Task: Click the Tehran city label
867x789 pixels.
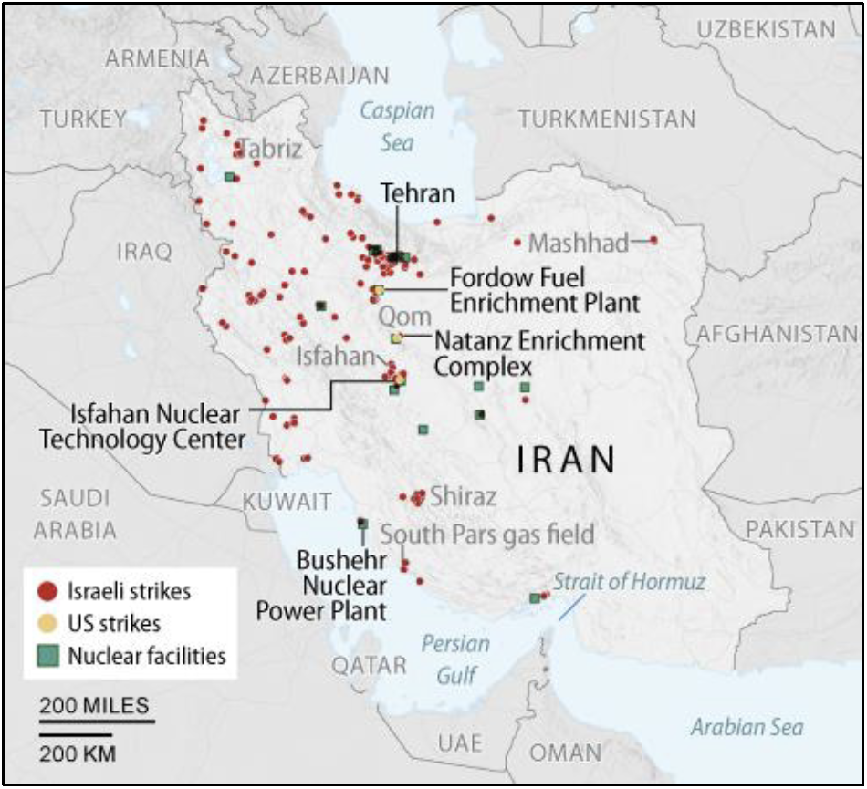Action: (x=417, y=192)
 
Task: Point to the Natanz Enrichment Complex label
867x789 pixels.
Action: (x=538, y=354)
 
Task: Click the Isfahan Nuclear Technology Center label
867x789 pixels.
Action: (x=141, y=427)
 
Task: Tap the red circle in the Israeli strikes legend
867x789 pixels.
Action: (x=51, y=591)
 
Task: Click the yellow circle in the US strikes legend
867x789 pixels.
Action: (x=51, y=624)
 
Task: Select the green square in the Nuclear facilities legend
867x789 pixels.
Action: (x=51, y=656)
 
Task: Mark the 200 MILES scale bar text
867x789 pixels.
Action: (x=94, y=706)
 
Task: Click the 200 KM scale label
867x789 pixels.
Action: (x=77, y=753)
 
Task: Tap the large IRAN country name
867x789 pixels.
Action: (x=566, y=460)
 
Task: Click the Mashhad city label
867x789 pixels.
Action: (x=579, y=244)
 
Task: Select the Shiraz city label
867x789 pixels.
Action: (x=463, y=497)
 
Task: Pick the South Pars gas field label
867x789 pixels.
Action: (x=486, y=534)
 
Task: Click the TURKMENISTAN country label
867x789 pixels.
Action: (x=606, y=119)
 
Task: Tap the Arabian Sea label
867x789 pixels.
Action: (x=747, y=727)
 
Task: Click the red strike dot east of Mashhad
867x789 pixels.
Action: (x=653, y=241)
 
